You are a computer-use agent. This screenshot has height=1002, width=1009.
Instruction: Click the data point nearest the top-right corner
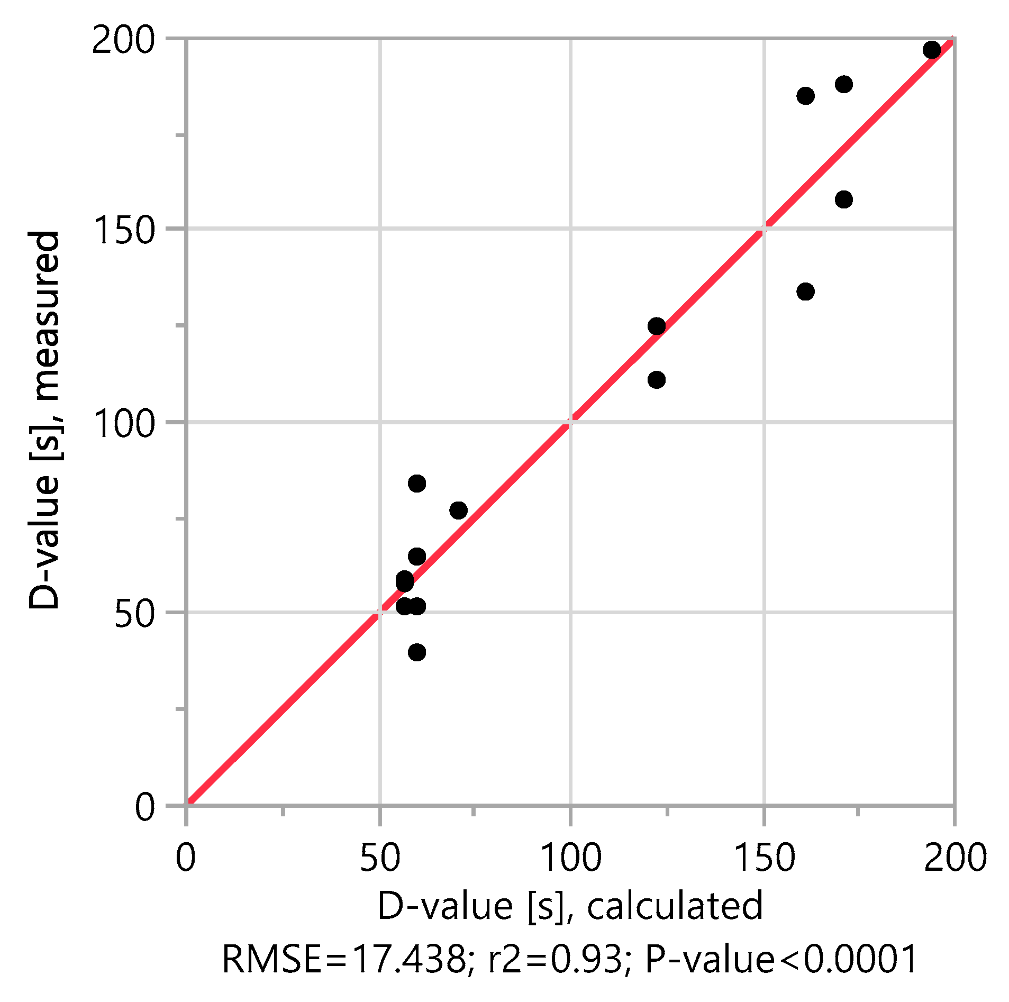932,50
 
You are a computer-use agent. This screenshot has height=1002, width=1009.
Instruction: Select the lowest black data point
417,652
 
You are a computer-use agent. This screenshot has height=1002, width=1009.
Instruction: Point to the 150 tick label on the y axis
123,230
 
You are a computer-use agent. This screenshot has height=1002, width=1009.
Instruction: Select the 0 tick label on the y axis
145,807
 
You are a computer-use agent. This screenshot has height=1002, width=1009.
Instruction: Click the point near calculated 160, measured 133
805,292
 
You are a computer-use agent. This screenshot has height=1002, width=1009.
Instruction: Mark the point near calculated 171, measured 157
844,199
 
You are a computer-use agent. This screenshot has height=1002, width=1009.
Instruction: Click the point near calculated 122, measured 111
657,380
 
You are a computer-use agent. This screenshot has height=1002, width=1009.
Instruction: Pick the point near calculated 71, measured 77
458,511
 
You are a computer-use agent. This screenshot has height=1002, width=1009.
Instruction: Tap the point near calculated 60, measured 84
417,484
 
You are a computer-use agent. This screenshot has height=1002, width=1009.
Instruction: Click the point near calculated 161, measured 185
805,96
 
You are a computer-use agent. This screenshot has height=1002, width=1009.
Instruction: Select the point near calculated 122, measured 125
657,326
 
